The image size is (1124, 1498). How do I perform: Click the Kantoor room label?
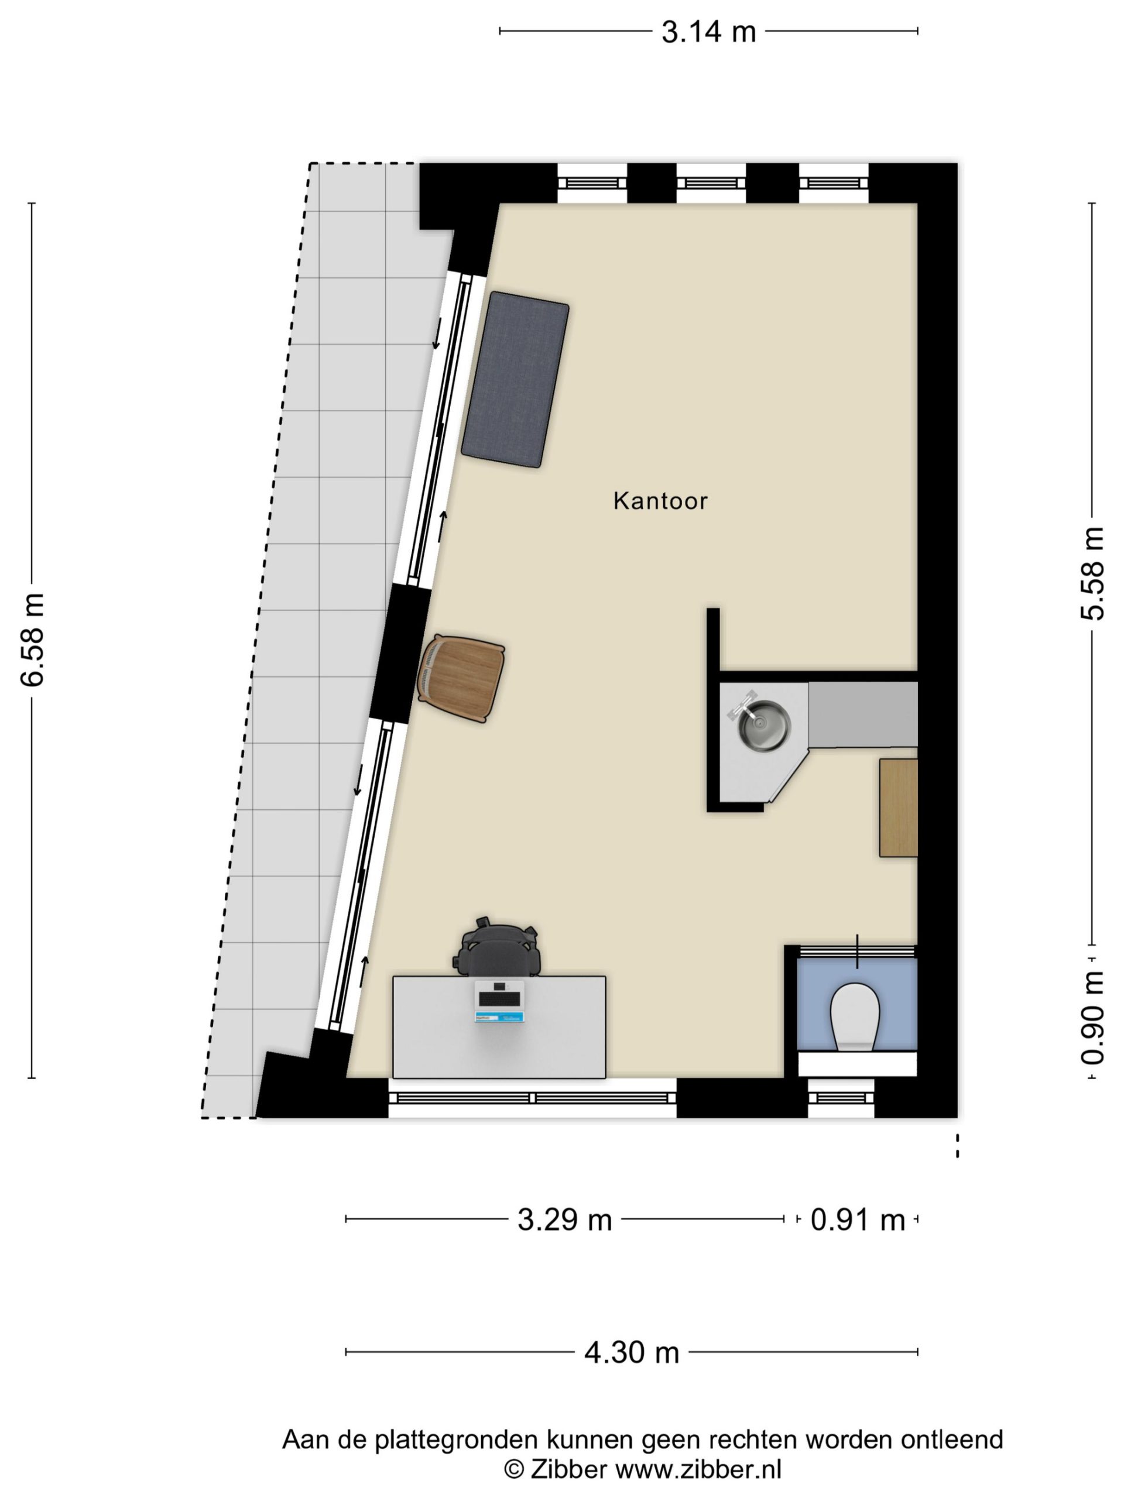[x=660, y=501]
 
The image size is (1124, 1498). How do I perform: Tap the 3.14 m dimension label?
[x=708, y=32]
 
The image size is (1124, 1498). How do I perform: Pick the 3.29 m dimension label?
[x=564, y=1220]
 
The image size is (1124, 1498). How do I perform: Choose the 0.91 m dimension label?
[x=858, y=1220]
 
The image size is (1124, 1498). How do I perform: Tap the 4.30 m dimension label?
[x=632, y=1352]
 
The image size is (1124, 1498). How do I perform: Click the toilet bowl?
[x=855, y=1016]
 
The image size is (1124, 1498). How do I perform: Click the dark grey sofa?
[x=515, y=380]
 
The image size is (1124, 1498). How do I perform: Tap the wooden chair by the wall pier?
[x=461, y=679]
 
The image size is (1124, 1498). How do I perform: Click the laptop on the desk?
[x=499, y=1001]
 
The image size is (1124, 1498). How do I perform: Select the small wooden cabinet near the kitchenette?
[x=899, y=808]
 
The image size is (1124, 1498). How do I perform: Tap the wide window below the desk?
[x=533, y=1098]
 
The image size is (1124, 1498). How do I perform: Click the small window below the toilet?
[x=841, y=1098]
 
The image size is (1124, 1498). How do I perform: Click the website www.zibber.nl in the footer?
[x=698, y=1469]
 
